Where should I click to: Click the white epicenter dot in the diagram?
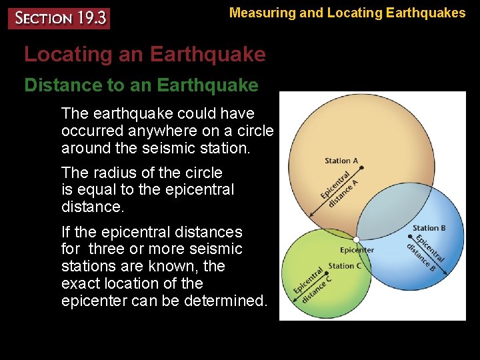pyautogui.click(x=357, y=239)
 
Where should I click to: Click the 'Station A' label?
pyautogui.click(x=341, y=161)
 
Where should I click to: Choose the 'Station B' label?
pyautogui.click(x=429, y=229)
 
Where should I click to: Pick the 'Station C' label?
pyautogui.click(x=345, y=266)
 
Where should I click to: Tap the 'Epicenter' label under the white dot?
pyautogui.click(x=357, y=251)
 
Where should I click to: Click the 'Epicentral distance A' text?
pyautogui.click(x=339, y=189)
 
